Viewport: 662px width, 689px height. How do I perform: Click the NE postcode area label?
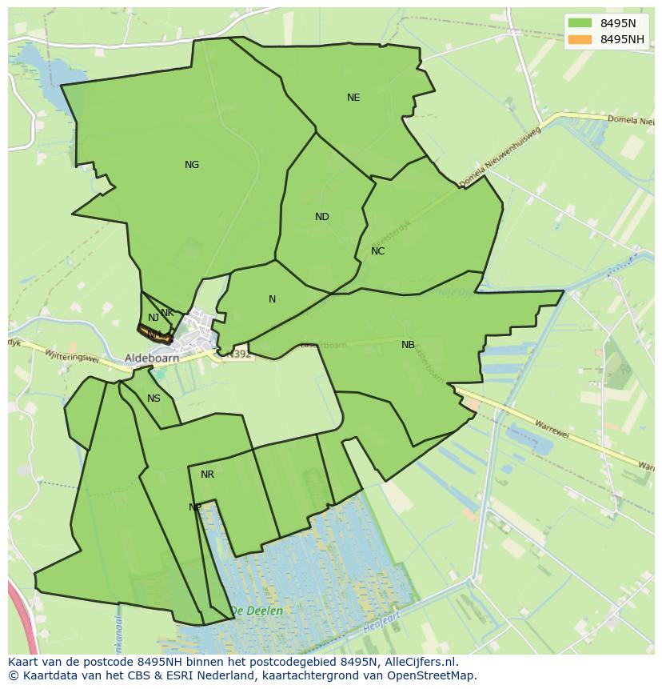[x=353, y=98]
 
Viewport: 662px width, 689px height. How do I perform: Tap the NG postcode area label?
[x=192, y=165]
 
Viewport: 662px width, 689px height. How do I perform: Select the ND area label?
[x=322, y=217]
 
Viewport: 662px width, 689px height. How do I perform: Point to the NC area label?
[x=378, y=251]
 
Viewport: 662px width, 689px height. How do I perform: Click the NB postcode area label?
[x=408, y=345]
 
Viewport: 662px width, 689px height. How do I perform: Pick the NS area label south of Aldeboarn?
[x=154, y=399]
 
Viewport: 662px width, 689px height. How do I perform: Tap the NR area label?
[x=207, y=475]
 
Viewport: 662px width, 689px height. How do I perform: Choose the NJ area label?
[x=154, y=318]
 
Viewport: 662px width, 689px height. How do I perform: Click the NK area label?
[x=167, y=313]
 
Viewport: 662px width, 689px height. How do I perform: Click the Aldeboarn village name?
[x=152, y=359]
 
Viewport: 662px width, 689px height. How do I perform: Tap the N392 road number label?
[x=237, y=354]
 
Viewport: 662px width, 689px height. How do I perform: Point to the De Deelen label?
[x=256, y=611]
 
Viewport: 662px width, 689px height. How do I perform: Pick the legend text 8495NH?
[x=622, y=39]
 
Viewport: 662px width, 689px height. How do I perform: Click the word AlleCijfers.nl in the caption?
[x=417, y=662]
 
